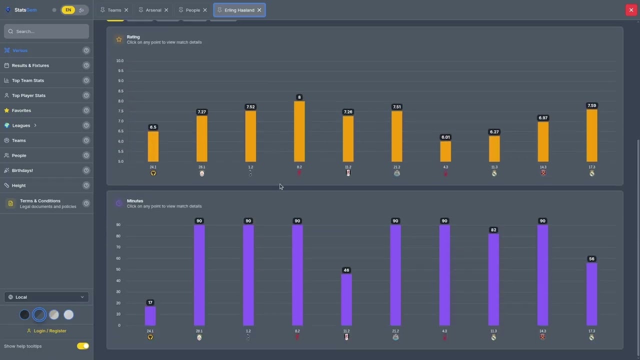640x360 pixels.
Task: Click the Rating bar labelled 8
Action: [299, 131]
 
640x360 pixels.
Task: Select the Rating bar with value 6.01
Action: [445, 151]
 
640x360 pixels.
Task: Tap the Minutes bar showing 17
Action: [150, 316]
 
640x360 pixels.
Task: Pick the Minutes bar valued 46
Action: [346, 299]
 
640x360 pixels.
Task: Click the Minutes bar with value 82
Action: [493, 279]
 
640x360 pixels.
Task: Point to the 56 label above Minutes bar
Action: [591, 259]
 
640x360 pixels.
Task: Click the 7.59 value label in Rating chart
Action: [592, 105]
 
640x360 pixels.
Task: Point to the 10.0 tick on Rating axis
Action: [120, 61]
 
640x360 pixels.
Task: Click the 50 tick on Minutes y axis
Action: [118, 269]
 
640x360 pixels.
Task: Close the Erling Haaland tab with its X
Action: [259, 10]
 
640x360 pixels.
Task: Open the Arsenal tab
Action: [153, 10]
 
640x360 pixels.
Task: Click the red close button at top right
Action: [631, 10]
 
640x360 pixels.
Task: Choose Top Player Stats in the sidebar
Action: [28, 95]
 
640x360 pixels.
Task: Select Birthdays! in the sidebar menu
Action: [22, 170]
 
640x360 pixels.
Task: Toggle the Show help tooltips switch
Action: [83, 346]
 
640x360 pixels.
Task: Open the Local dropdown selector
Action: [46, 297]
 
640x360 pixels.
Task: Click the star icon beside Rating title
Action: [119, 39]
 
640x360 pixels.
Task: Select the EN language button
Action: [68, 10]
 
